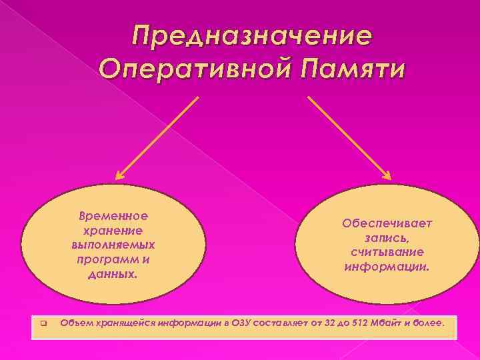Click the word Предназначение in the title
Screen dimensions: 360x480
click(x=251, y=35)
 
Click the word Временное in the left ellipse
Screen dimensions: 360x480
click(x=113, y=217)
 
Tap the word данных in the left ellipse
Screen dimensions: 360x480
click(x=111, y=273)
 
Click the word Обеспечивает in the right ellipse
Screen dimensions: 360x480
click(x=387, y=223)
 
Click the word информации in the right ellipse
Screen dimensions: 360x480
click(x=387, y=267)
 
